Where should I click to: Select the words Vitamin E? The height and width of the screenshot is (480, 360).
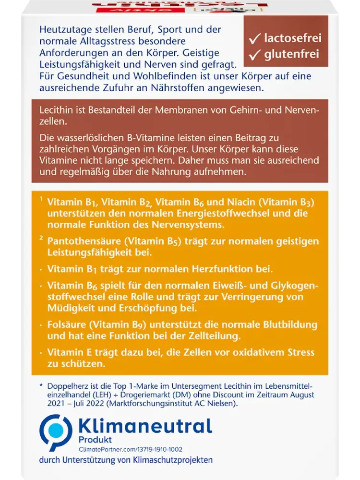(x=72, y=353)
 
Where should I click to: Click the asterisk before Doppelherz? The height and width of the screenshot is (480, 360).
(x=41, y=385)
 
